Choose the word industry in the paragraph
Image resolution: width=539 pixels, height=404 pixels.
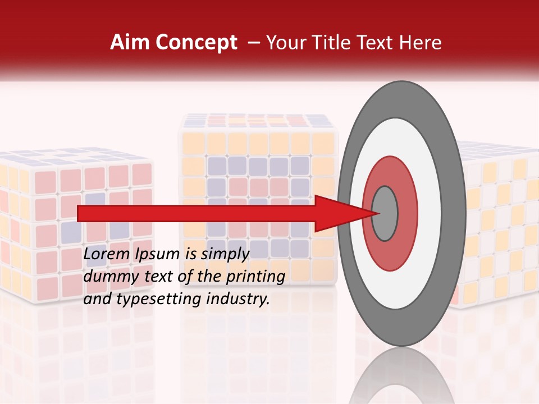click(x=239, y=299)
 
